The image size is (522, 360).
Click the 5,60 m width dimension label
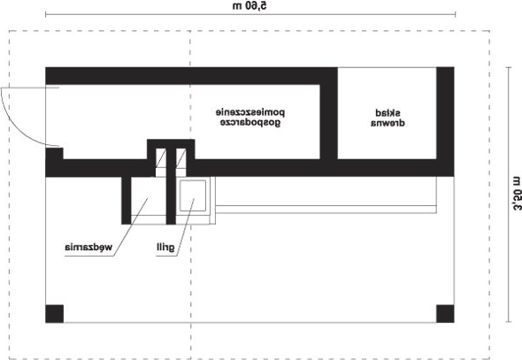(x=249, y=5)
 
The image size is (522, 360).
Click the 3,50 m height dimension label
(x=516, y=194)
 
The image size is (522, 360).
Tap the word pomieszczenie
(x=250, y=112)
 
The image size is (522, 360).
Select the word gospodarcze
(x=250, y=122)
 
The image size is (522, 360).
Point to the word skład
(x=388, y=113)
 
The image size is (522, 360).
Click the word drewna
(x=388, y=123)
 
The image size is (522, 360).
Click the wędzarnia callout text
(x=88, y=247)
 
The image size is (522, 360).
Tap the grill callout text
(x=165, y=247)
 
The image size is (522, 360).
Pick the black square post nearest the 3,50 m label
(x=445, y=314)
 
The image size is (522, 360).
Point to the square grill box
(x=193, y=195)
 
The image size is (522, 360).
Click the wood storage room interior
(x=387, y=113)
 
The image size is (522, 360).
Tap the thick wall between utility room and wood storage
(x=328, y=121)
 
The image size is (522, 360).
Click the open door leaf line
(x=30, y=88)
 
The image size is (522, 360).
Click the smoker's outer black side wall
(x=127, y=200)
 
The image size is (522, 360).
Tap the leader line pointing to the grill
(x=186, y=227)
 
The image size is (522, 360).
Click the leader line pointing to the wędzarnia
(x=131, y=227)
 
